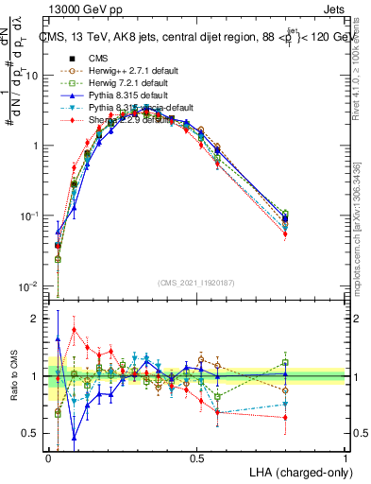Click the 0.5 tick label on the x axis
click(196, 458)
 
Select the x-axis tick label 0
click(48, 458)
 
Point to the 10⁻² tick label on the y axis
click(29, 285)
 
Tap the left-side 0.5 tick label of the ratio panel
click(32, 433)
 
